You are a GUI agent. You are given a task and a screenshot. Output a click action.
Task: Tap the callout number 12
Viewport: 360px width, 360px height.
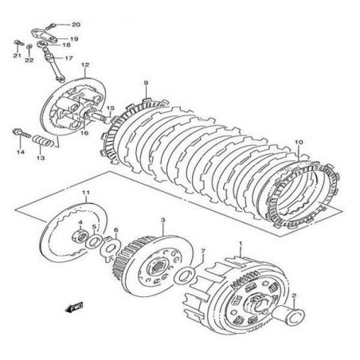(84, 65)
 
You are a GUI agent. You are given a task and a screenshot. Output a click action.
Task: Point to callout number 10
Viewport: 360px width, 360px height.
(298, 143)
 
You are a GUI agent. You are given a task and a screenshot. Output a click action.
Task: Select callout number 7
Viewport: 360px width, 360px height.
(203, 252)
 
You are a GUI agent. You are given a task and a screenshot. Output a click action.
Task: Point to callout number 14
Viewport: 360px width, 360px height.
(22, 151)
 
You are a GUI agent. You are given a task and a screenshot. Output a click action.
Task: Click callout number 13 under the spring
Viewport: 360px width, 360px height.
(41, 158)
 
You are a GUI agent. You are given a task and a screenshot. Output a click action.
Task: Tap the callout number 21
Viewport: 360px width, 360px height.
(16, 56)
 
